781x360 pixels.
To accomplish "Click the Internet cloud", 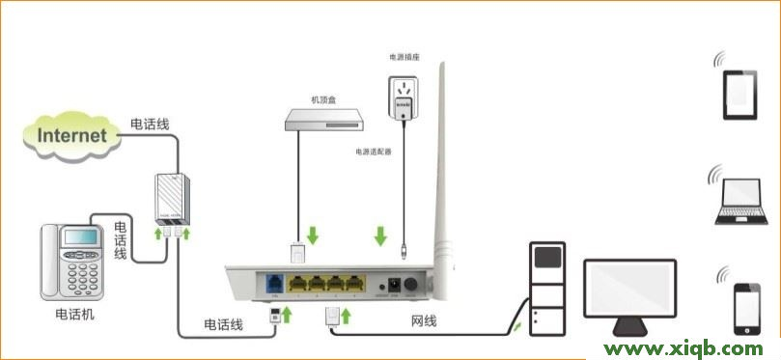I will tap(71, 134).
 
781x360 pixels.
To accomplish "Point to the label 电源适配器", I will tap(373, 152).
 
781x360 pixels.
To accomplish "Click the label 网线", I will tap(425, 319).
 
